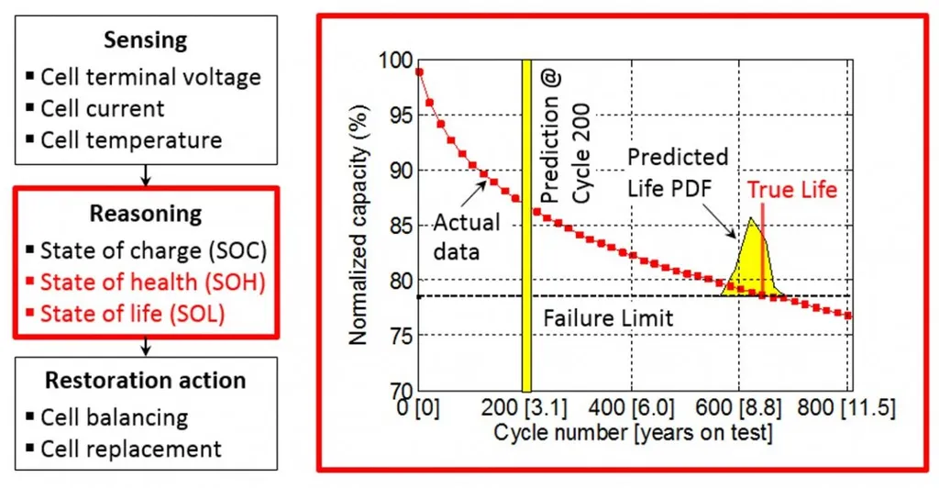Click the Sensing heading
coord(146,40)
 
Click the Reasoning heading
coord(145,214)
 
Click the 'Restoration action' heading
coord(146,381)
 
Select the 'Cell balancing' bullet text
coord(114,417)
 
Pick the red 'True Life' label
coord(791,190)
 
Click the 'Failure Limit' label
coord(608,318)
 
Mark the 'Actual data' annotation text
coord(466,236)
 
